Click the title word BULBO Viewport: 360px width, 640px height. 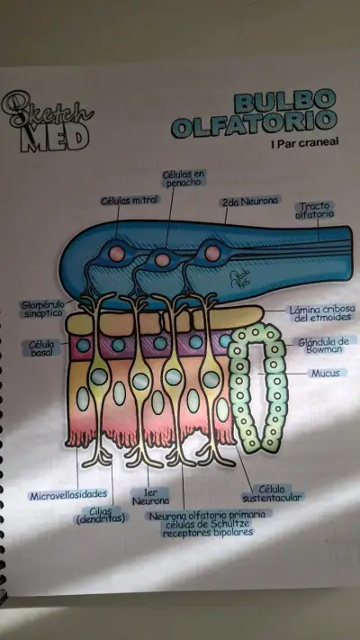[x=284, y=102]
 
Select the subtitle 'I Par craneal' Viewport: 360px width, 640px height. [x=304, y=143]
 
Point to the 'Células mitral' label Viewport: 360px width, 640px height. [x=130, y=200]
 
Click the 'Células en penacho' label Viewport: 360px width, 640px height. [x=184, y=178]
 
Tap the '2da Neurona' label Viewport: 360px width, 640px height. [x=250, y=202]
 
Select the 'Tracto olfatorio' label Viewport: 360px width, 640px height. [x=315, y=210]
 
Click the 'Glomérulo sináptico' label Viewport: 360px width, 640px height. [x=42, y=309]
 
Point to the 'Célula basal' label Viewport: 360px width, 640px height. [x=41, y=348]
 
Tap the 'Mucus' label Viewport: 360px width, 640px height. [x=326, y=373]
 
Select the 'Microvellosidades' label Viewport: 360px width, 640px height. [x=68, y=495]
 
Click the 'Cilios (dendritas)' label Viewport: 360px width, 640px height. [x=101, y=515]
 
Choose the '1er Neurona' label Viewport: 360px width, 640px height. [x=150, y=496]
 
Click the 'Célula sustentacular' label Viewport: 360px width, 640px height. [x=272, y=493]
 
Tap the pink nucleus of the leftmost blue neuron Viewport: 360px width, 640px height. [x=117, y=254]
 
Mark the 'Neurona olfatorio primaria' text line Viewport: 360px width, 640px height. [x=207, y=515]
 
